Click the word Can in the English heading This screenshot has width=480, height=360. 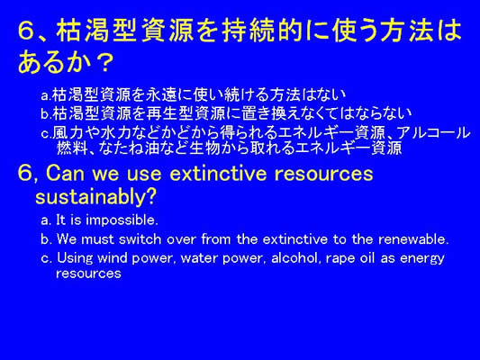[66, 173]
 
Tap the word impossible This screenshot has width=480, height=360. [122, 220]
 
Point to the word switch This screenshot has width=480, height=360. [140, 239]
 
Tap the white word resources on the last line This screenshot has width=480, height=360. [88, 274]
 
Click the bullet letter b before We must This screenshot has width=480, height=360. [45, 239]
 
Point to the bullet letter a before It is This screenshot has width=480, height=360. [45, 220]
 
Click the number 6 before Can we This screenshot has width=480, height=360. [25, 173]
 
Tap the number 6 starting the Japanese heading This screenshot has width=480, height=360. [26, 31]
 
